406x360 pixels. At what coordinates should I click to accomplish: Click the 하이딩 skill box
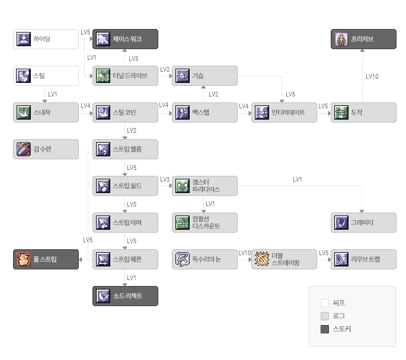[46, 39]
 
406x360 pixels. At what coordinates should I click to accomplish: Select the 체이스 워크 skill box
[125, 39]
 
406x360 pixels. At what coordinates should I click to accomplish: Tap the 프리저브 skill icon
[341, 39]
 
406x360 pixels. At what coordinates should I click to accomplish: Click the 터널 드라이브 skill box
[125, 76]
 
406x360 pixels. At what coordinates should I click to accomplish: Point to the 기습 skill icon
[183, 76]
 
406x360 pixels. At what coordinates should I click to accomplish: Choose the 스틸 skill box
[46, 76]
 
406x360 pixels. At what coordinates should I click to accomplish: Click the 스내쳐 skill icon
[24, 112]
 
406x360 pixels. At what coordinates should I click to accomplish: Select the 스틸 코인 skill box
[125, 112]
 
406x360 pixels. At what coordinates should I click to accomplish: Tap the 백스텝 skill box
[205, 112]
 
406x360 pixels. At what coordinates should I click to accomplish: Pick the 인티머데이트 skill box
[284, 112]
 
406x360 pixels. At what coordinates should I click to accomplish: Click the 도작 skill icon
[341, 112]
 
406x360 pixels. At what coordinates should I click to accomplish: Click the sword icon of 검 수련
[24, 149]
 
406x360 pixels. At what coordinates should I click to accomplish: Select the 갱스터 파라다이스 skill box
[205, 186]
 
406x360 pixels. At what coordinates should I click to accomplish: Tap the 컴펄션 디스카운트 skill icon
[183, 223]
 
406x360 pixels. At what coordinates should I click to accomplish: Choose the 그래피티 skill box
[363, 223]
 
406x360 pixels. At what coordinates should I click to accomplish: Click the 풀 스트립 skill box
[46, 259]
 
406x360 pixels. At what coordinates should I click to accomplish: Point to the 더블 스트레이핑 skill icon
[262, 259]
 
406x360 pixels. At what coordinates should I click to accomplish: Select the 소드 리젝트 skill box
[125, 296]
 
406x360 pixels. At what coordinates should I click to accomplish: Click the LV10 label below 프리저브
[372, 76]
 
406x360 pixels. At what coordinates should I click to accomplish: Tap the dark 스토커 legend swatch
[325, 329]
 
